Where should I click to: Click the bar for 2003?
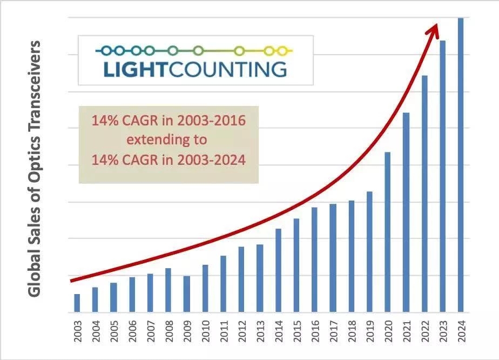77,303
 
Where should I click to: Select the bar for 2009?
186,294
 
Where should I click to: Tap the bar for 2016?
314,260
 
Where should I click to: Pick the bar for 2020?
387,232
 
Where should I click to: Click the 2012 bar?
241,279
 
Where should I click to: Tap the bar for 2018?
351,257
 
